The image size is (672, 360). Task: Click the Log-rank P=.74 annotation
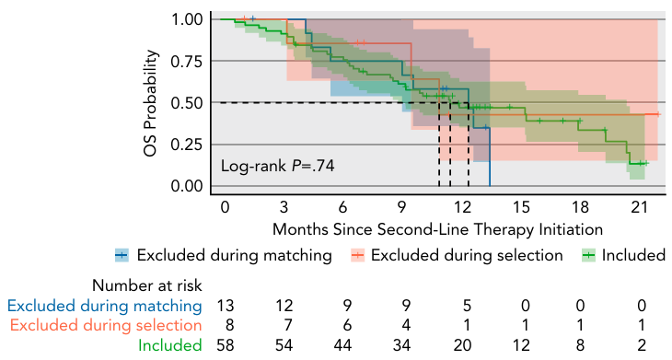(277, 166)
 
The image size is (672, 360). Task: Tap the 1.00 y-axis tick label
(187, 19)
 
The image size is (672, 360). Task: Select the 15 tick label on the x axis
(521, 207)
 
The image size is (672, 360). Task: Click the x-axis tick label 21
(639, 207)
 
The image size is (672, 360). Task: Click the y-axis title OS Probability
(151, 103)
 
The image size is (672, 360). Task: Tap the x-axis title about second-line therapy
(437, 229)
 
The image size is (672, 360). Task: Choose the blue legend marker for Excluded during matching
(122, 255)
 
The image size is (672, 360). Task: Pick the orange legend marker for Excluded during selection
(357, 255)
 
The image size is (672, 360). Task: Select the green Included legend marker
(588, 255)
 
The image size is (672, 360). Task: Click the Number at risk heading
(147, 285)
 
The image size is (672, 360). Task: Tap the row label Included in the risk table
(170, 345)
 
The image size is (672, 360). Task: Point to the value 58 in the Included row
(226, 345)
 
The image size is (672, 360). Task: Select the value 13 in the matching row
(226, 306)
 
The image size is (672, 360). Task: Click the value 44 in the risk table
(342, 345)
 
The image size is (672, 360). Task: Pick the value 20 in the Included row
(462, 345)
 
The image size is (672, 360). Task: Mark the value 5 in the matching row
(467, 306)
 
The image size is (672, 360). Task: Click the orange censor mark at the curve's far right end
(658, 114)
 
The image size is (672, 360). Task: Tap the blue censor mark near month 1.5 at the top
(253, 18)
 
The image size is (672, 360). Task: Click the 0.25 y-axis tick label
(187, 145)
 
